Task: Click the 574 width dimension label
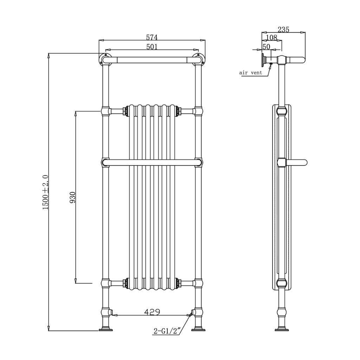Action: tap(152, 37)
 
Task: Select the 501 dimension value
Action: tap(152, 46)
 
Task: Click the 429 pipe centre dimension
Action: tap(152, 311)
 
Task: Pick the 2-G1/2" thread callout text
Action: tap(167, 330)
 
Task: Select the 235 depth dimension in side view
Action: tap(283, 30)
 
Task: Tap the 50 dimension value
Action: tap(266, 46)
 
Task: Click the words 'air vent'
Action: tap(251, 73)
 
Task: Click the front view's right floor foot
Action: tap(199, 329)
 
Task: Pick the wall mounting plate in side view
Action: tap(263, 59)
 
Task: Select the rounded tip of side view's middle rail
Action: tap(304, 162)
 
